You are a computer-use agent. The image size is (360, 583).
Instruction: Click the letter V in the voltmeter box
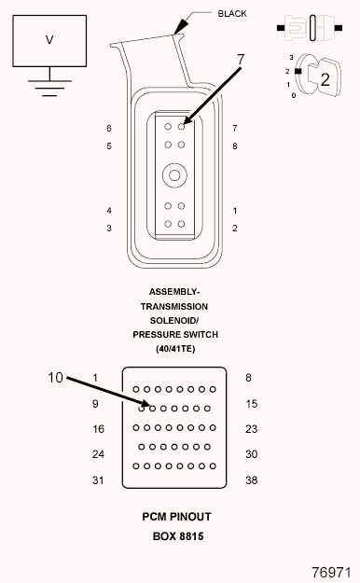coord(49,39)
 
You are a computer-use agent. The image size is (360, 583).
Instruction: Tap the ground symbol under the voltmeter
coord(49,88)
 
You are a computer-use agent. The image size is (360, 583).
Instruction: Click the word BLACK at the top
coord(232,14)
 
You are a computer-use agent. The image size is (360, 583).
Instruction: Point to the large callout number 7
coord(241,60)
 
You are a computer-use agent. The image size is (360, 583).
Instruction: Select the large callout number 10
coord(55,378)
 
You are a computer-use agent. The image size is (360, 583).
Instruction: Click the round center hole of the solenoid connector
coord(174,175)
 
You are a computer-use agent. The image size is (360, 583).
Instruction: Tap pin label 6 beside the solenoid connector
coord(109,129)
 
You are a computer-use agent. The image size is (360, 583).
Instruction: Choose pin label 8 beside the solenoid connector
coord(235,146)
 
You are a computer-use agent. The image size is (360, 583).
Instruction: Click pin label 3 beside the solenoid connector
coord(109,228)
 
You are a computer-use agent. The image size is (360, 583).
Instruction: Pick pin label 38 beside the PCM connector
coord(252,480)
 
